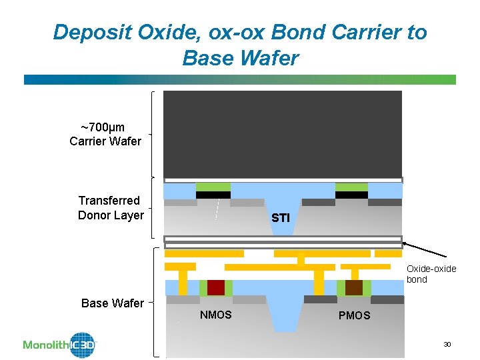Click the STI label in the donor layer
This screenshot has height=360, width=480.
coord(281,218)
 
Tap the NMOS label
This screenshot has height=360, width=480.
coord(216,315)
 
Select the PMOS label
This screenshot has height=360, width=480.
coord(354,315)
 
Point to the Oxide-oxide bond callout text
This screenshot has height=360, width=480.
coord(431,274)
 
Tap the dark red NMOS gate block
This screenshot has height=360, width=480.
coord(216,287)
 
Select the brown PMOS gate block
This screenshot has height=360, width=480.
coord(354,287)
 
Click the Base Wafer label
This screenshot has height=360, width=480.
coord(112,303)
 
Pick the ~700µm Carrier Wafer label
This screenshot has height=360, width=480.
coord(105,134)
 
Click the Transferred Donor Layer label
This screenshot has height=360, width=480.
coord(110,208)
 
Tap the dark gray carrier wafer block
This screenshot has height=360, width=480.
coord(283,133)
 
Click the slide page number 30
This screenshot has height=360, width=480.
coord(447,344)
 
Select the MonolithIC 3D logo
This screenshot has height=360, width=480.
coord(60,344)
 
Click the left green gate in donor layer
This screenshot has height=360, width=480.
coord(213,187)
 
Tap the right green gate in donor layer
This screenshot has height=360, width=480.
coord(351,187)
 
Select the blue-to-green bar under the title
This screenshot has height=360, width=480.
coord(240,79)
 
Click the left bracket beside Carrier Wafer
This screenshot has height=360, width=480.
coord(155,134)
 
